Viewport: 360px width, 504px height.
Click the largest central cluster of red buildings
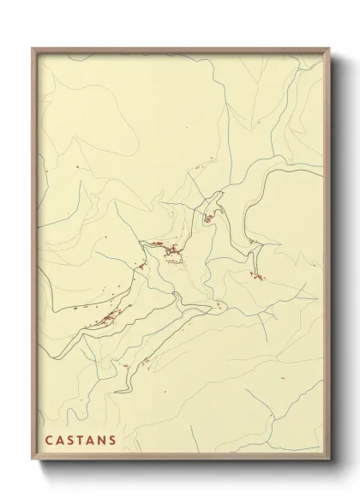pos(169,251)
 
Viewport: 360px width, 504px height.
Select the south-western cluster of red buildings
pos(106,319)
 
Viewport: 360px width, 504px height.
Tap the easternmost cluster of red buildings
pos(255,275)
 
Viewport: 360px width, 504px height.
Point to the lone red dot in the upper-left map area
pos(76,165)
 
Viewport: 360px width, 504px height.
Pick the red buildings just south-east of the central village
pos(219,305)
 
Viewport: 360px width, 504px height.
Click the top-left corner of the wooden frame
pos(32,48)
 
